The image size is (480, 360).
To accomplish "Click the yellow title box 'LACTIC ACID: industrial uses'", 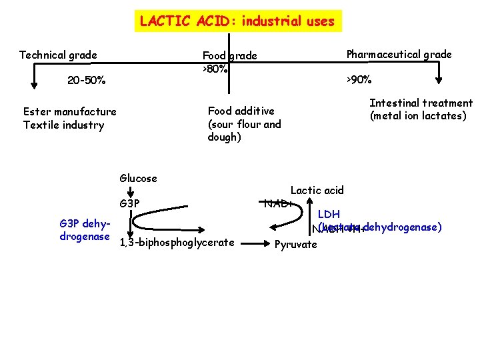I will [237, 21].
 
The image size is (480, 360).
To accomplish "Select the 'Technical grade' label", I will [58, 55].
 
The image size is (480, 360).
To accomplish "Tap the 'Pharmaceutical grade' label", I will [399, 55].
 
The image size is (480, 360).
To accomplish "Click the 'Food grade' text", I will [229, 56].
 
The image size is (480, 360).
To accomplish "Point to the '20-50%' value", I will [86, 81].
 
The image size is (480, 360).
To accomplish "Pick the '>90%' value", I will [358, 80].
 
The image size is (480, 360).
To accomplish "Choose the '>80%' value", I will [215, 69].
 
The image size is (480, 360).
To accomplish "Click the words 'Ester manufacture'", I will [69, 111].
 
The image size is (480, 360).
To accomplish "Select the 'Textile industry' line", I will [63, 125].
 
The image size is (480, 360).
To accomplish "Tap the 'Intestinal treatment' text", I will [421, 103].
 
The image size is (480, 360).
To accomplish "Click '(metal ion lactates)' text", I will [418, 115].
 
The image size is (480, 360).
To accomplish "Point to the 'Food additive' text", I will [241, 111].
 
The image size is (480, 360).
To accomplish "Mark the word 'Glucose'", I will [138, 178].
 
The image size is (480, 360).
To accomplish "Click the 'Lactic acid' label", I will [317, 191].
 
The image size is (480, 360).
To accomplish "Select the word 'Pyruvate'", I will [296, 244].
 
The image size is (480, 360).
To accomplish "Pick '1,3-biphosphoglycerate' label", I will [176, 242].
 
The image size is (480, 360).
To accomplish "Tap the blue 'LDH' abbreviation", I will [329, 215].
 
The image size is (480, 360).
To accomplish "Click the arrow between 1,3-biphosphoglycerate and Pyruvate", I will [254, 243].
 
